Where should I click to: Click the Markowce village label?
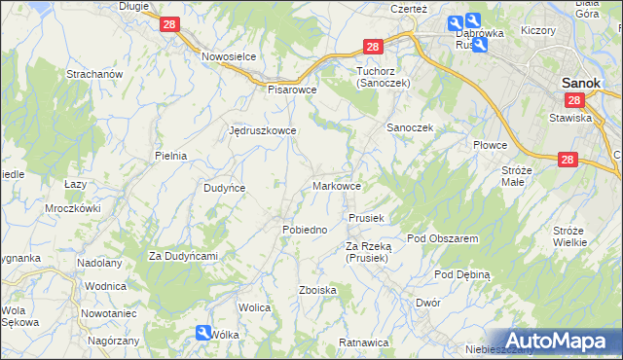point(338,185)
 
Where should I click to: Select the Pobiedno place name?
point(304,229)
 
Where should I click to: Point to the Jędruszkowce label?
point(262,129)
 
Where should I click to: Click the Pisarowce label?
point(293,89)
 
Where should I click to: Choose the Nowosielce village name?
point(229,56)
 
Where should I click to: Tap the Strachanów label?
point(93,74)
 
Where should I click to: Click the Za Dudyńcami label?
point(182,256)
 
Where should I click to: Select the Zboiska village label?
point(318,290)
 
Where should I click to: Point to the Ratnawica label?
point(363,342)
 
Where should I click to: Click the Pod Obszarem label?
point(442,238)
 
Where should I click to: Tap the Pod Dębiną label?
point(462,274)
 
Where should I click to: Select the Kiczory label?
point(537,30)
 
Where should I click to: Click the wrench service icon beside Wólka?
point(202,333)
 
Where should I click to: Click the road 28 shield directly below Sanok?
point(574,100)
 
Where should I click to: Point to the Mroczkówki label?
point(73,208)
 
